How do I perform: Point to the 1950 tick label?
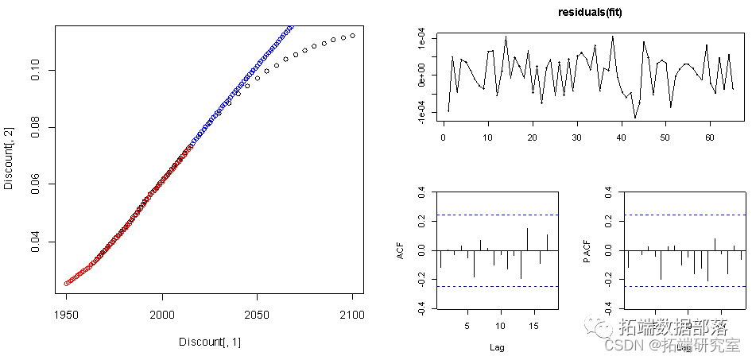66,315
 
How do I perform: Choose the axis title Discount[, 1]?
209,342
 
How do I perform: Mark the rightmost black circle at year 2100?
352,35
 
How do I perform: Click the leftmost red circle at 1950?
66,283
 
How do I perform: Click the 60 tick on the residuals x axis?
708,136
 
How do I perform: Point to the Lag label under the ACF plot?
496,346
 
